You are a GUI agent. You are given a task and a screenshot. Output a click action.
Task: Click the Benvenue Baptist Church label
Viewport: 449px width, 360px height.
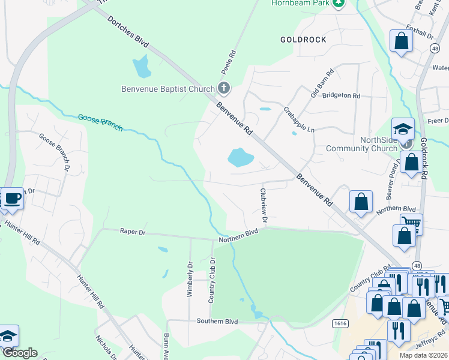(167, 89)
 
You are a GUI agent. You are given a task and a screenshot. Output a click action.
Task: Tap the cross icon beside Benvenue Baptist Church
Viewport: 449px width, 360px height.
(223, 89)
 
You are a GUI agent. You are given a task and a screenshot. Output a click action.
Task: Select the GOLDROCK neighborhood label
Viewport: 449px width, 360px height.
(303, 40)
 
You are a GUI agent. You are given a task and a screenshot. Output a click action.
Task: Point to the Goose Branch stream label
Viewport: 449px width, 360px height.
(100, 122)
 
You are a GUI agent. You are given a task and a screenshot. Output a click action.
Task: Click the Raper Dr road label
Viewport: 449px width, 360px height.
(133, 231)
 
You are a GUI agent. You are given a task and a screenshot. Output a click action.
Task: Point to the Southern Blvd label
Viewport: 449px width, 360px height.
(217, 322)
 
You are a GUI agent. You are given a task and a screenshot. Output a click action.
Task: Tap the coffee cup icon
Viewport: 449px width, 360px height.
(11, 199)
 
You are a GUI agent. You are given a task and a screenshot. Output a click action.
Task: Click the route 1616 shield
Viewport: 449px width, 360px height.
(340, 323)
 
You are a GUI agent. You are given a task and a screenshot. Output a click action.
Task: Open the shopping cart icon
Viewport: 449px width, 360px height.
(411, 224)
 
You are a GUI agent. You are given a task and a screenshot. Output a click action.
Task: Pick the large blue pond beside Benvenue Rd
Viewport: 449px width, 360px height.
(240, 158)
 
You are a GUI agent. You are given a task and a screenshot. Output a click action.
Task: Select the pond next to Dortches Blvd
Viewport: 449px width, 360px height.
(142, 67)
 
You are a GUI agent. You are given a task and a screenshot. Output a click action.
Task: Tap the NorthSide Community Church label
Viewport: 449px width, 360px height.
(361, 144)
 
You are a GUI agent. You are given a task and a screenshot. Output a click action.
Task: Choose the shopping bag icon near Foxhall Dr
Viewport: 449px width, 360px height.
(401, 41)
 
